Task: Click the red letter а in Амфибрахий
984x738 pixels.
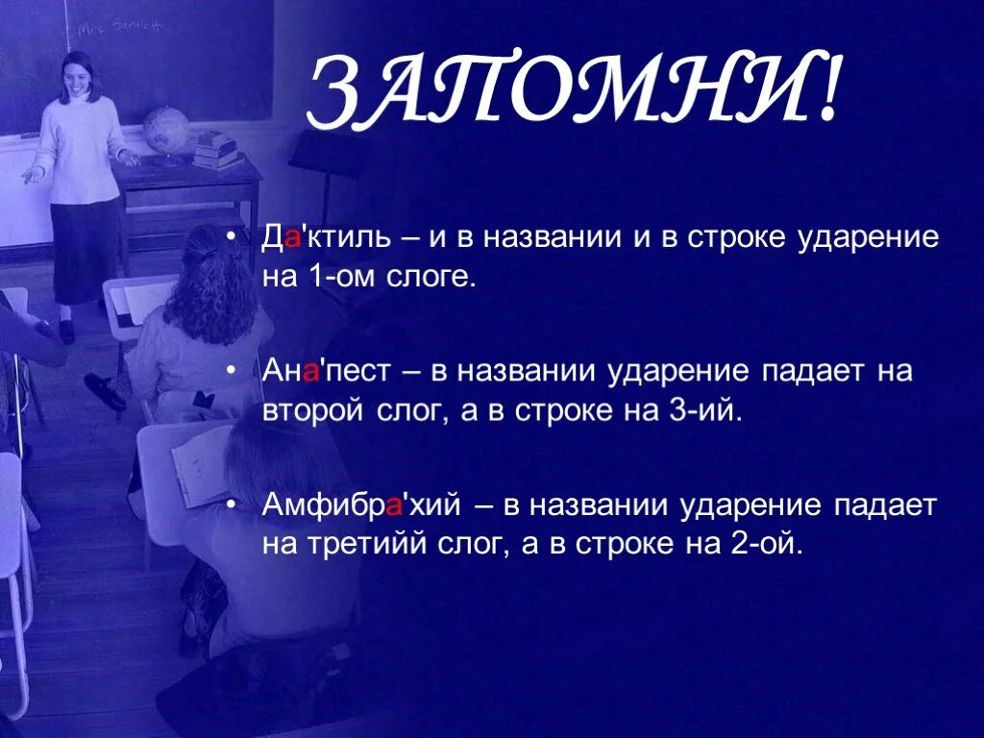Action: pyautogui.click(x=391, y=506)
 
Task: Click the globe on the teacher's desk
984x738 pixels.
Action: pyautogui.click(x=165, y=129)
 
